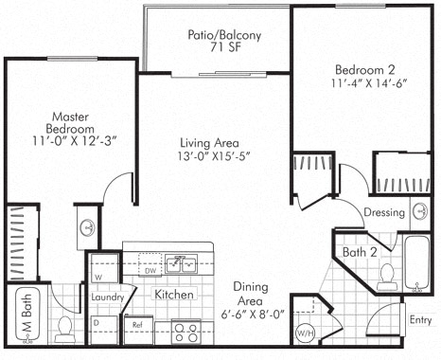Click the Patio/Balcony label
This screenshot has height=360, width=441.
click(x=224, y=35)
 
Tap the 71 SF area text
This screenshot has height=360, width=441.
click(x=225, y=46)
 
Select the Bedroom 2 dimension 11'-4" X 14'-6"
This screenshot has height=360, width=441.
click(x=369, y=83)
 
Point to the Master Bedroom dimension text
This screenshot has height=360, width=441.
click(x=75, y=140)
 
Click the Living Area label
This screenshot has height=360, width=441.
click(x=209, y=143)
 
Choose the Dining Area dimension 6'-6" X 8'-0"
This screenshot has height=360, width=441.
click(x=253, y=315)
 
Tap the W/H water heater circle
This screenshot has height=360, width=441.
click(x=305, y=333)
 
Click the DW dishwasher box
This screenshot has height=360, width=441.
click(x=150, y=264)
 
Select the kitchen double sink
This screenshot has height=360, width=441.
click(x=182, y=264)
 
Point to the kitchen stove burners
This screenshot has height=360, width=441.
click(x=186, y=333)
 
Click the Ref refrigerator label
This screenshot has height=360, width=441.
click(x=137, y=325)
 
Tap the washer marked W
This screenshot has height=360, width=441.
click(x=104, y=268)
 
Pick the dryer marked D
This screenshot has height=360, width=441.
click(x=104, y=330)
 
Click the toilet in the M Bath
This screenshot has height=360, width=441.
click(x=65, y=330)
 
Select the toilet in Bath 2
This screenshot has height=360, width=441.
click(x=387, y=277)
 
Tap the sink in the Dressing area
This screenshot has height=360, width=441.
click(x=420, y=211)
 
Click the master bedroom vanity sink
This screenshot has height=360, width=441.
click(x=87, y=227)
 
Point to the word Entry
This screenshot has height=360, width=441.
click(x=420, y=319)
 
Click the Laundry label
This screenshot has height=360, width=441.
click(x=107, y=297)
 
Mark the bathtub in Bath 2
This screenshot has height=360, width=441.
click(x=416, y=262)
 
